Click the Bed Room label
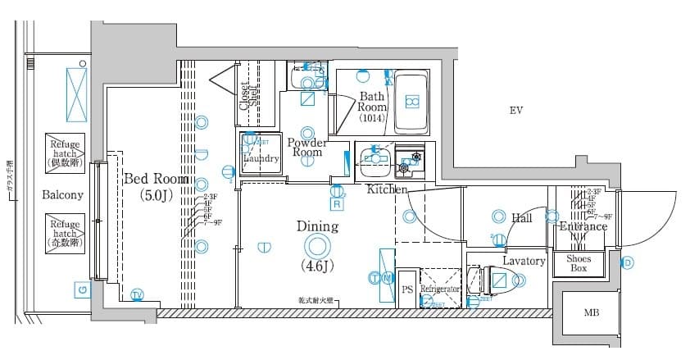tap(156, 179)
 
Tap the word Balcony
tap(63, 195)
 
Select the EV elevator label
tap(515, 111)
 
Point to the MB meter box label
tap(590, 312)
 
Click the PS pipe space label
tap(407, 289)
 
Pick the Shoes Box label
tap(579, 263)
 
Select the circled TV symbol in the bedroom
tap(137, 294)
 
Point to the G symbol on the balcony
tap(80, 289)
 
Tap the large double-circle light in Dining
tap(316, 245)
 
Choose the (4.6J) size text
tap(316, 266)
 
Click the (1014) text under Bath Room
tap(372, 118)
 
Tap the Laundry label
tap(261, 158)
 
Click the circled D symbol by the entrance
tap(627, 262)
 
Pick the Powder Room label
tap(307, 147)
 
